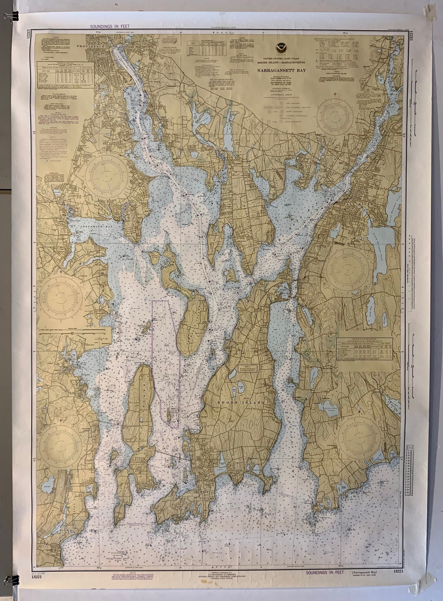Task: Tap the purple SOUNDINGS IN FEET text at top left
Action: (x=110, y=26)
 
